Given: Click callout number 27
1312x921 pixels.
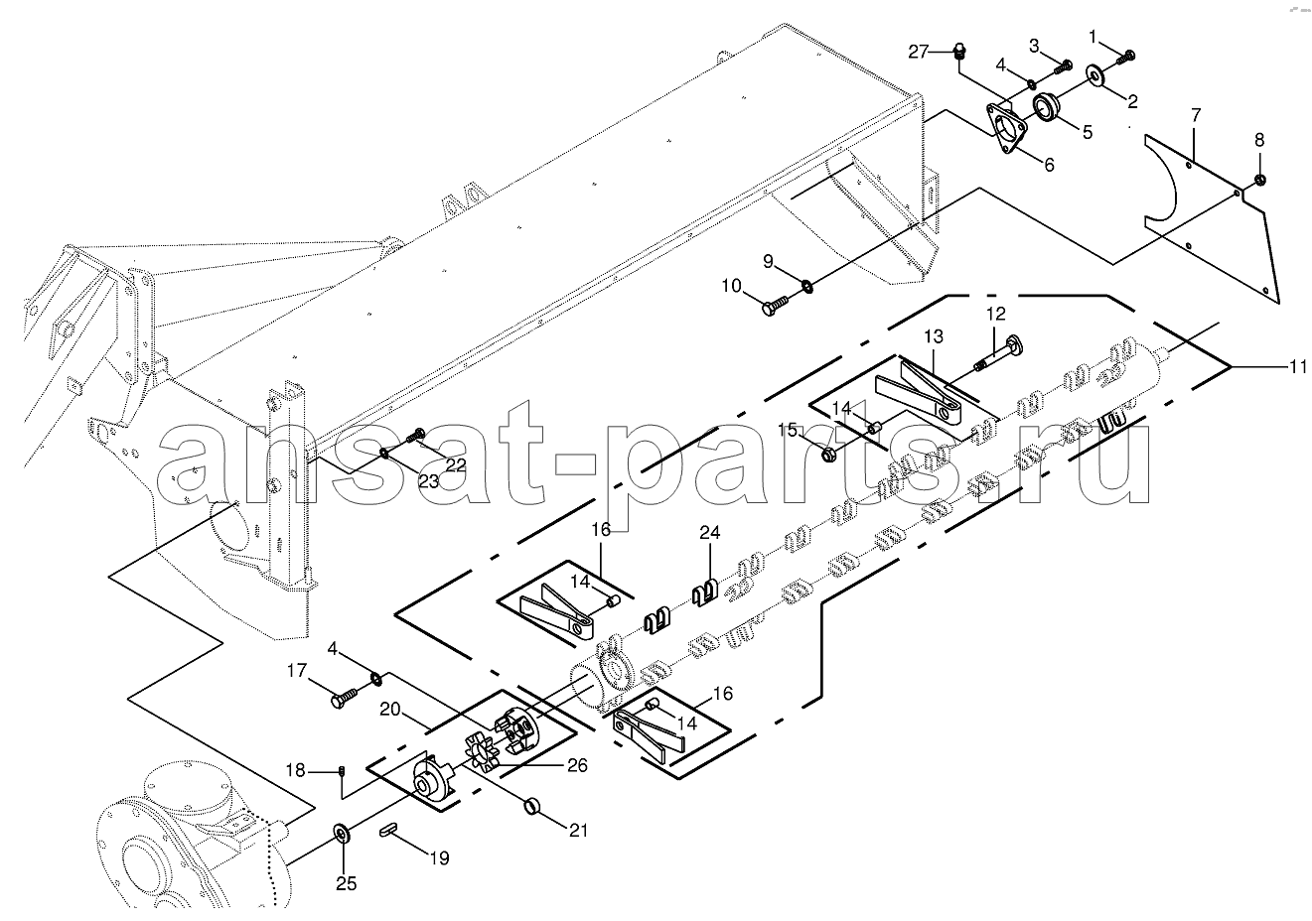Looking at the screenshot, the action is pyautogui.click(x=919, y=52).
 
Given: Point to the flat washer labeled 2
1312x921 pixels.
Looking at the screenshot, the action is pyautogui.click(x=1094, y=75).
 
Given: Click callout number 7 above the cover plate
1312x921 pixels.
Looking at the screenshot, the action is pyautogui.click(x=1196, y=115).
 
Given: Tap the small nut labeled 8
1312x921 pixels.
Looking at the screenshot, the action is pyautogui.click(x=1260, y=179).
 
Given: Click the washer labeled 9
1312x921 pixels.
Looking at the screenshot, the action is pyautogui.click(x=807, y=286).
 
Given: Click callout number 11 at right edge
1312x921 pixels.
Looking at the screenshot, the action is pyautogui.click(x=1297, y=367).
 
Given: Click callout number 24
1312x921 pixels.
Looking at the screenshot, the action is pyautogui.click(x=710, y=532).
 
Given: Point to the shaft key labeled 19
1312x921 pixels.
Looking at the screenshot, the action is pyautogui.click(x=389, y=829).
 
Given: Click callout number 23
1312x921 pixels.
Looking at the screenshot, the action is pyautogui.click(x=428, y=481).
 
